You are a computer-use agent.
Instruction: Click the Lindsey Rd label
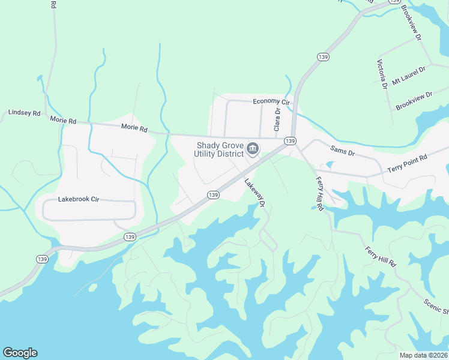click(x=24, y=113)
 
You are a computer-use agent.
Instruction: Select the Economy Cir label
click(x=271, y=101)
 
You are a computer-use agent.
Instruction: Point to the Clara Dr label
click(x=277, y=119)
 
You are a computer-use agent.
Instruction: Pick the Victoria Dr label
click(x=381, y=74)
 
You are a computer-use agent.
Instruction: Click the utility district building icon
click(x=253, y=148)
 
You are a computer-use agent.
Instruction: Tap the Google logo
click(x=20, y=353)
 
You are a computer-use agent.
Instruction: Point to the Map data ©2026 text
click(x=423, y=355)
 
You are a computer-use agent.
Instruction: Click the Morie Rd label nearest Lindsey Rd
click(x=63, y=121)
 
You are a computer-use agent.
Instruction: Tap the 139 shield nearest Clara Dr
click(x=290, y=141)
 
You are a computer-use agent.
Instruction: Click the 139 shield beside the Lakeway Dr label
click(x=213, y=195)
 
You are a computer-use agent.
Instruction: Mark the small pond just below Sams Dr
click(x=329, y=164)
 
